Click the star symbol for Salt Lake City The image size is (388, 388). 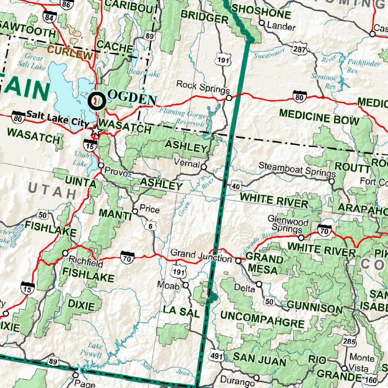[x=96, y=131]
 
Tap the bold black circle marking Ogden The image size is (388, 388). [x=96, y=101]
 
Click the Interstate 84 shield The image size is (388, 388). [x=49, y=17]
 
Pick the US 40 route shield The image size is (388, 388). [x=236, y=185]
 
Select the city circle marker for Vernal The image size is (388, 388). [x=204, y=167]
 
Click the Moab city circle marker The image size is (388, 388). [x=186, y=285]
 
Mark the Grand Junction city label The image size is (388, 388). [x=201, y=259]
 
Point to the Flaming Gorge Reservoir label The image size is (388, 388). [x=183, y=117]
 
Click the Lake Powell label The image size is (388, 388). [x=95, y=350]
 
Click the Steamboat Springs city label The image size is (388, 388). [x=297, y=170]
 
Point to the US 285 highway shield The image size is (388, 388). [x=349, y=341]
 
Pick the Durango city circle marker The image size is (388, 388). [x=257, y=378]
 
